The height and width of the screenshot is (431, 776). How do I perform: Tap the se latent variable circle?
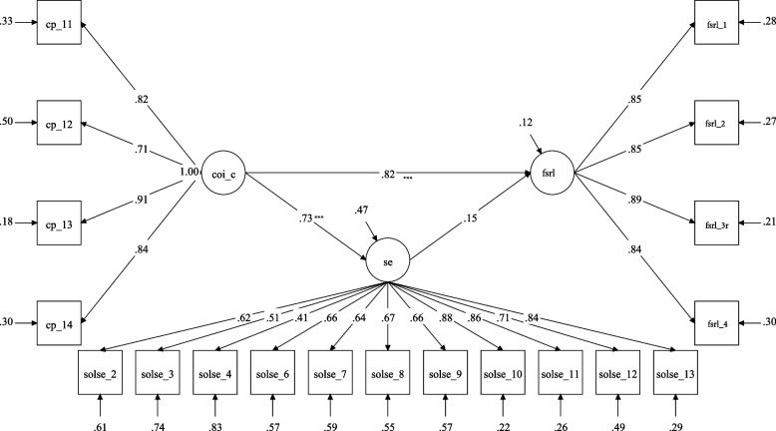pyautogui.click(x=386, y=259)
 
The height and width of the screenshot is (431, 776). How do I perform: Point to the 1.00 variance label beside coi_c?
pyautogui.click(x=186, y=171)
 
